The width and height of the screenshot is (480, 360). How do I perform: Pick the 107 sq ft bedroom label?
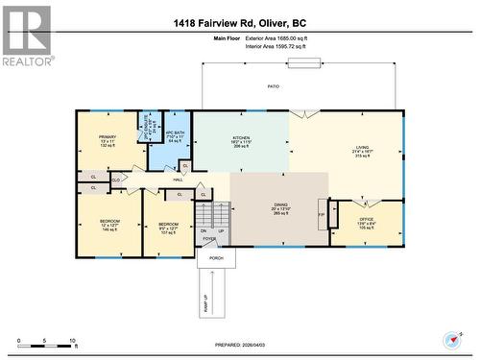click(168, 228)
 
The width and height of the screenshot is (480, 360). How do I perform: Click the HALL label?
click(179, 180)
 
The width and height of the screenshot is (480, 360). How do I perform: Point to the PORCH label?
click(216, 258)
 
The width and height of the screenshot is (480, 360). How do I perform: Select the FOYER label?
click(208, 239)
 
